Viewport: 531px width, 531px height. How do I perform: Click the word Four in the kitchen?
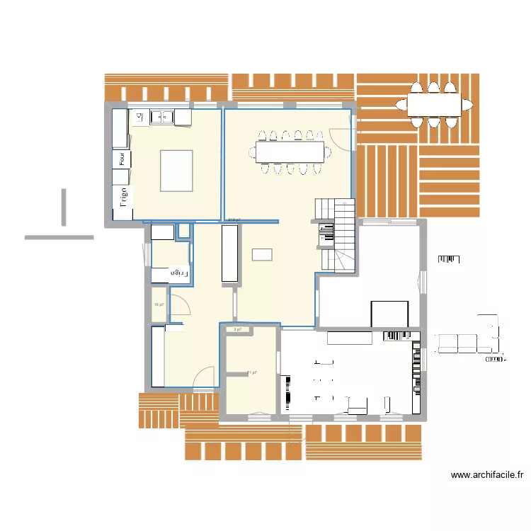coord(122,160)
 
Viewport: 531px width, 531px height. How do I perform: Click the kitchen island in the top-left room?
coord(176,170)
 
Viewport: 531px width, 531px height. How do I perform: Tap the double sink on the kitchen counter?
coord(161,118)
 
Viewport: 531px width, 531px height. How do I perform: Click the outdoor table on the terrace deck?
coord(440,105)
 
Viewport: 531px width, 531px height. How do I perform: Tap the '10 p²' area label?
coord(159,305)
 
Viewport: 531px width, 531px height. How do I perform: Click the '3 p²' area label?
coord(238,329)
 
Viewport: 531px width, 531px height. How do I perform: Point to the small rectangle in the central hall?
coord(262,254)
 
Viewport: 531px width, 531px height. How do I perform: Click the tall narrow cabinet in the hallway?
coord(230,255)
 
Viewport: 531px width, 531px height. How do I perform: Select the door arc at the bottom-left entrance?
coord(205,376)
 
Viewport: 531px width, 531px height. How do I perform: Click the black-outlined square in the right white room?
coord(389,314)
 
